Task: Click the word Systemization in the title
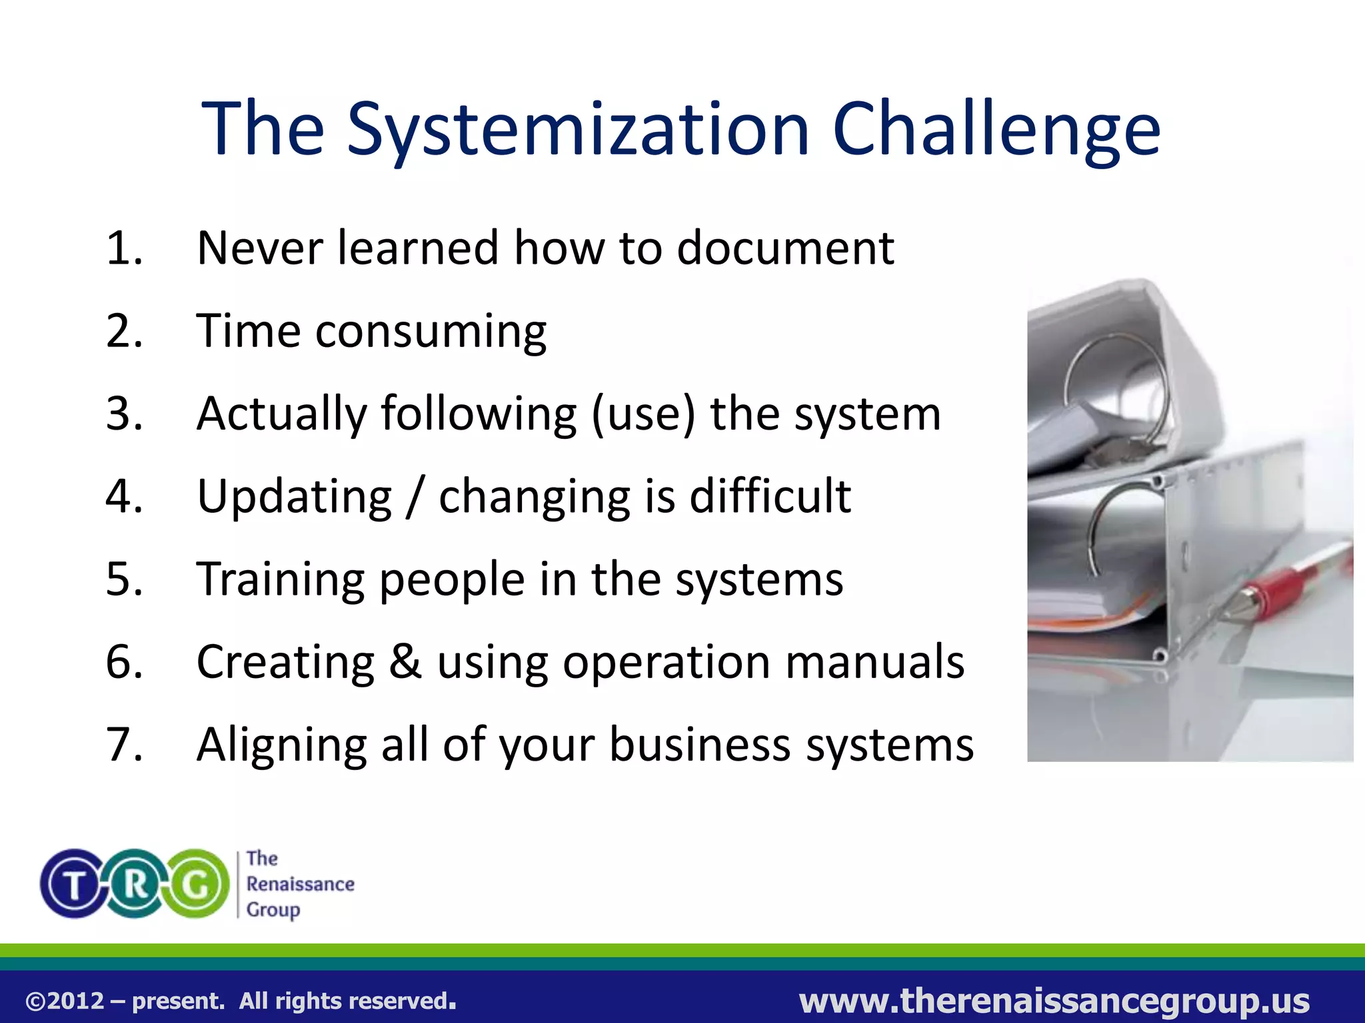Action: (579, 130)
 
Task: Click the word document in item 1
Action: (785, 248)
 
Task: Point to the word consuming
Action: (431, 332)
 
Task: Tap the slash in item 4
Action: (415, 497)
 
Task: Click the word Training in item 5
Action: (280, 579)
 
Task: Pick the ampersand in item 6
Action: (406, 662)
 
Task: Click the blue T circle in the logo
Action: (73, 884)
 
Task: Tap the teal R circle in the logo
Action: (135, 884)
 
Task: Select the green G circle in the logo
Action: (197, 884)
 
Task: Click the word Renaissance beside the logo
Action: (300, 884)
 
